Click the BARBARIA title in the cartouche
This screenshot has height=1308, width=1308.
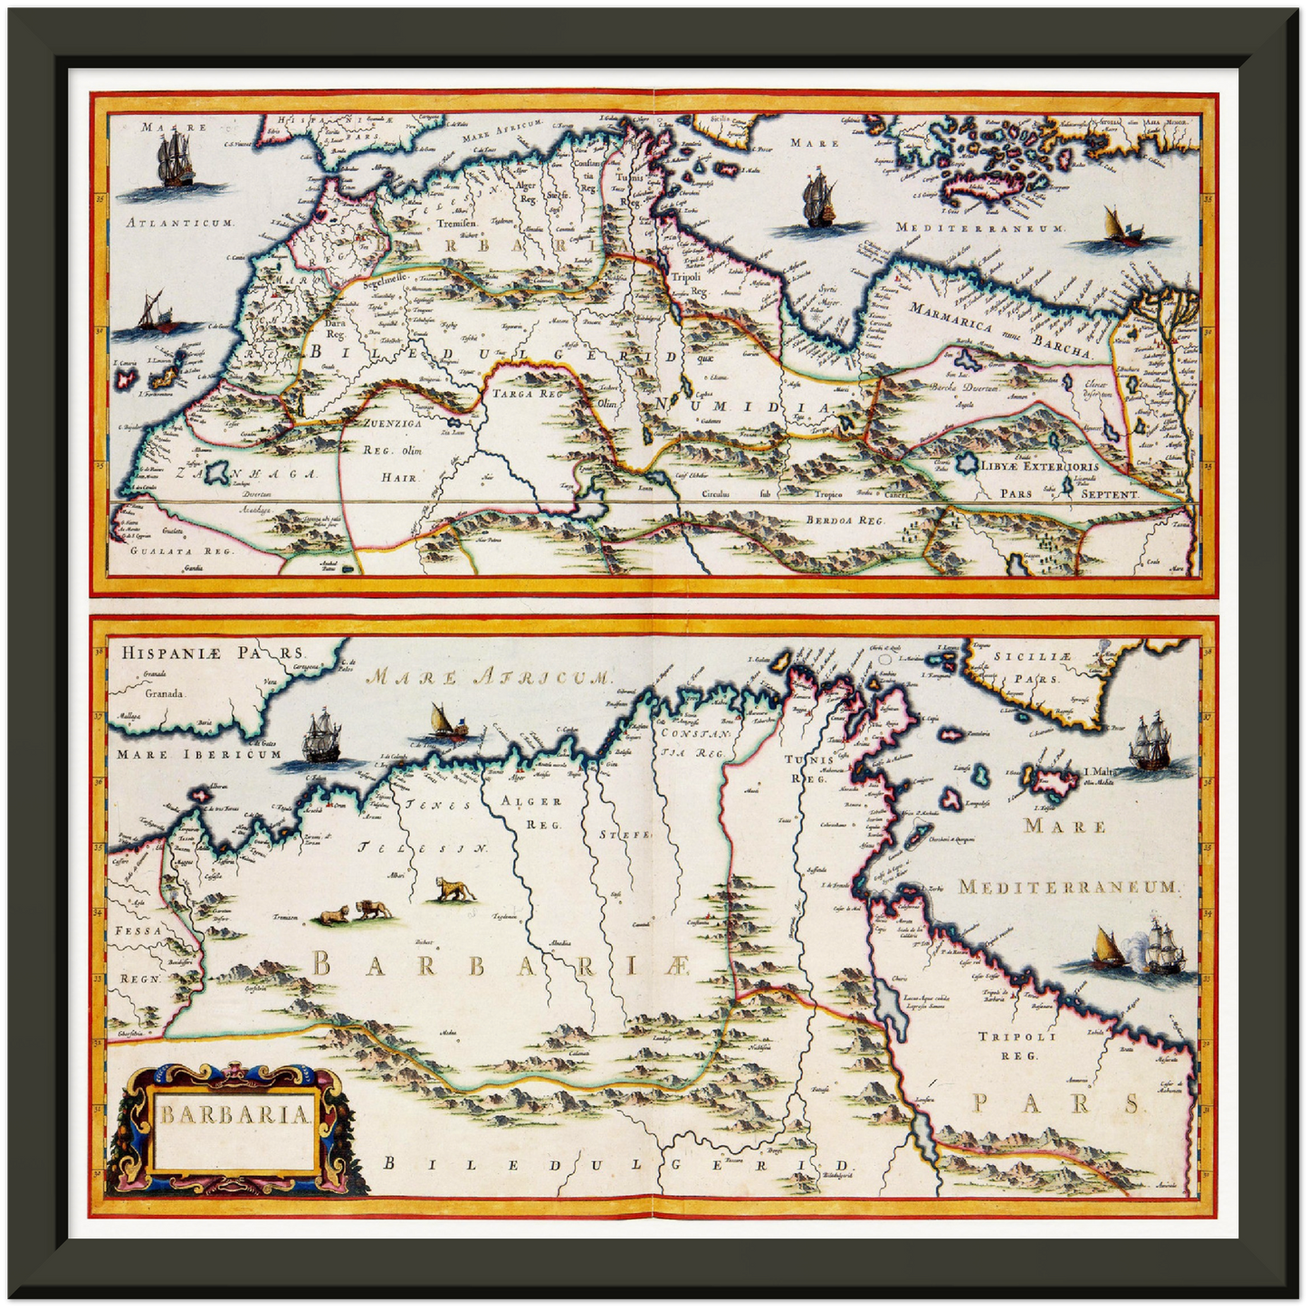point(235,1113)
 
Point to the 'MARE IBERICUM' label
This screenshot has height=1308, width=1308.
point(199,754)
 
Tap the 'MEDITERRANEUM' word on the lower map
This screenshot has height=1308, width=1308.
point(1067,887)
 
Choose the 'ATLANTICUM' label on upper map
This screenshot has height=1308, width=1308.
point(180,222)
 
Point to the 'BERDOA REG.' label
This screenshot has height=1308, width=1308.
point(845,520)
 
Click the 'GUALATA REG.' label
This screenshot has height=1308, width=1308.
point(181,549)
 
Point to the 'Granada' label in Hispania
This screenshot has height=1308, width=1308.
point(164,693)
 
